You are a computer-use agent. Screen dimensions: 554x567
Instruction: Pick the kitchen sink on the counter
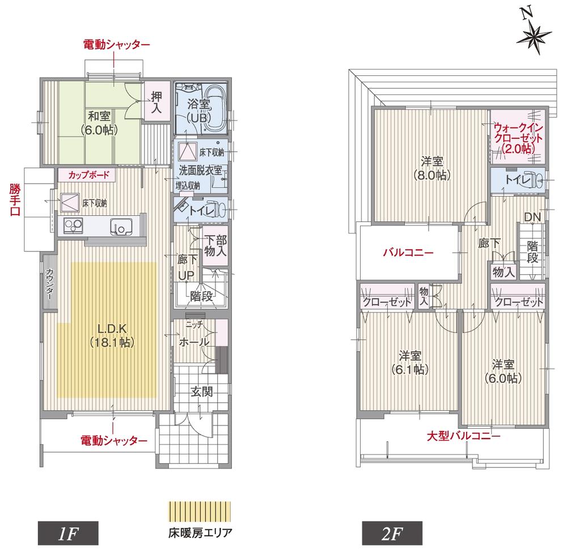(x=121, y=225)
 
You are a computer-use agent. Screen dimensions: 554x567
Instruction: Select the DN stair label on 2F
(x=531, y=216)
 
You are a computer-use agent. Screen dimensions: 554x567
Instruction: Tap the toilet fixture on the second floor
(x=534, y=181)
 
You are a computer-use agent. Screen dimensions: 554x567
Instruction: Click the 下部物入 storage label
(x=215, y=245)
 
